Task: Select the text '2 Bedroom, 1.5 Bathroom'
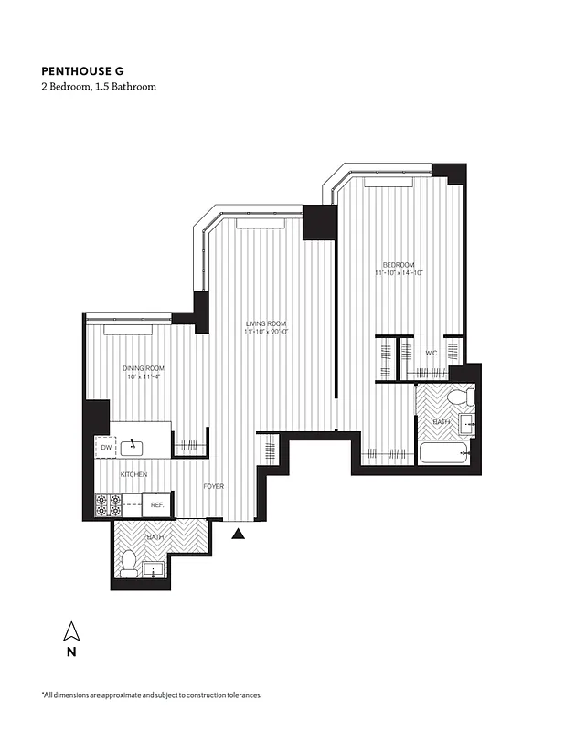99,87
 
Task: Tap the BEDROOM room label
399,263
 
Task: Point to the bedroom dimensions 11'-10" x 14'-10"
399,272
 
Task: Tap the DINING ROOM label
144,368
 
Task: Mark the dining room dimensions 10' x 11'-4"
144,377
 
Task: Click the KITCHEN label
134,474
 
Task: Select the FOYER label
214,486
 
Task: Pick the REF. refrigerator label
156,503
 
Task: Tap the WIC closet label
431,353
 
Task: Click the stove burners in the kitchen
109,503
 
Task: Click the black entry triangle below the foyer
239,535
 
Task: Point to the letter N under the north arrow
70,652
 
